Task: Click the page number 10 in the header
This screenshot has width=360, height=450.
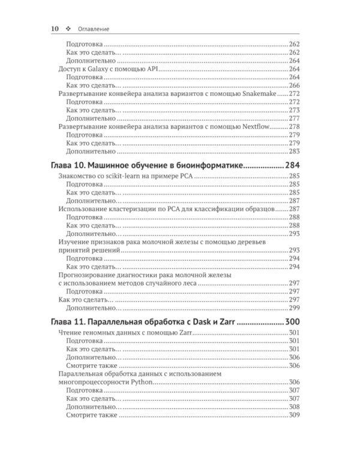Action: (x=54, y=28)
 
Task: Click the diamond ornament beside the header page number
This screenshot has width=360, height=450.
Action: (x=69, y=28)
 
